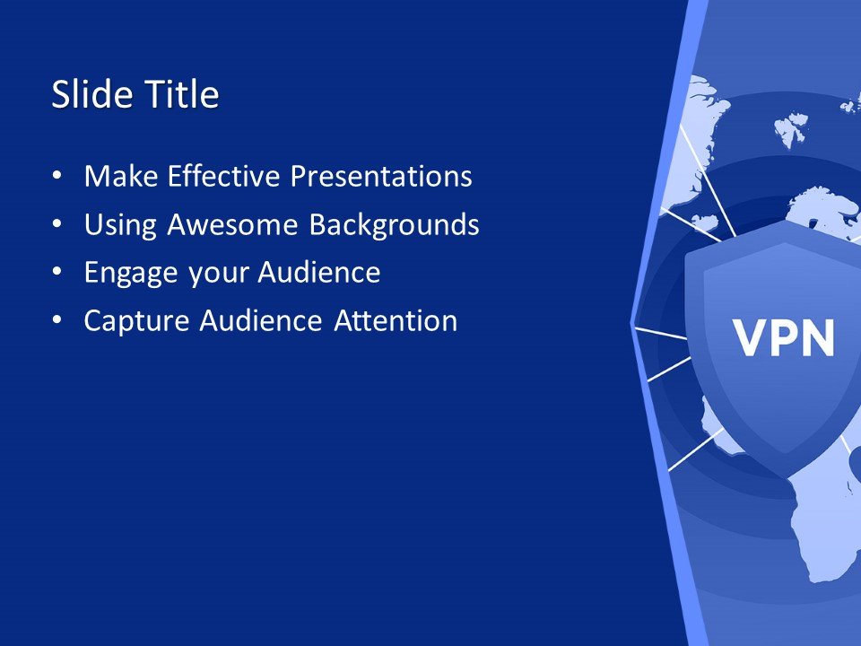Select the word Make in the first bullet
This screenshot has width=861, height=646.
[114, 176]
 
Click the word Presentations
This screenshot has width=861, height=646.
[380, 176]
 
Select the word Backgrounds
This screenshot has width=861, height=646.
[394, 224]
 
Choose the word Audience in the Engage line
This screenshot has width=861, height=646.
[319, 273]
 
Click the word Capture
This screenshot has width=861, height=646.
[137, 321]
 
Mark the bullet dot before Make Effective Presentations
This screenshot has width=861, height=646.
[58, 177]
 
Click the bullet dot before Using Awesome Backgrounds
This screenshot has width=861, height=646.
[58, 225]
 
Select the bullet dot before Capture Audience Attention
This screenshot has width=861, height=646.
[58, 321]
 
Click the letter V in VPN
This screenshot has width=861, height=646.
[752, 338]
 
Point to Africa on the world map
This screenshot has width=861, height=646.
[821, 529]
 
